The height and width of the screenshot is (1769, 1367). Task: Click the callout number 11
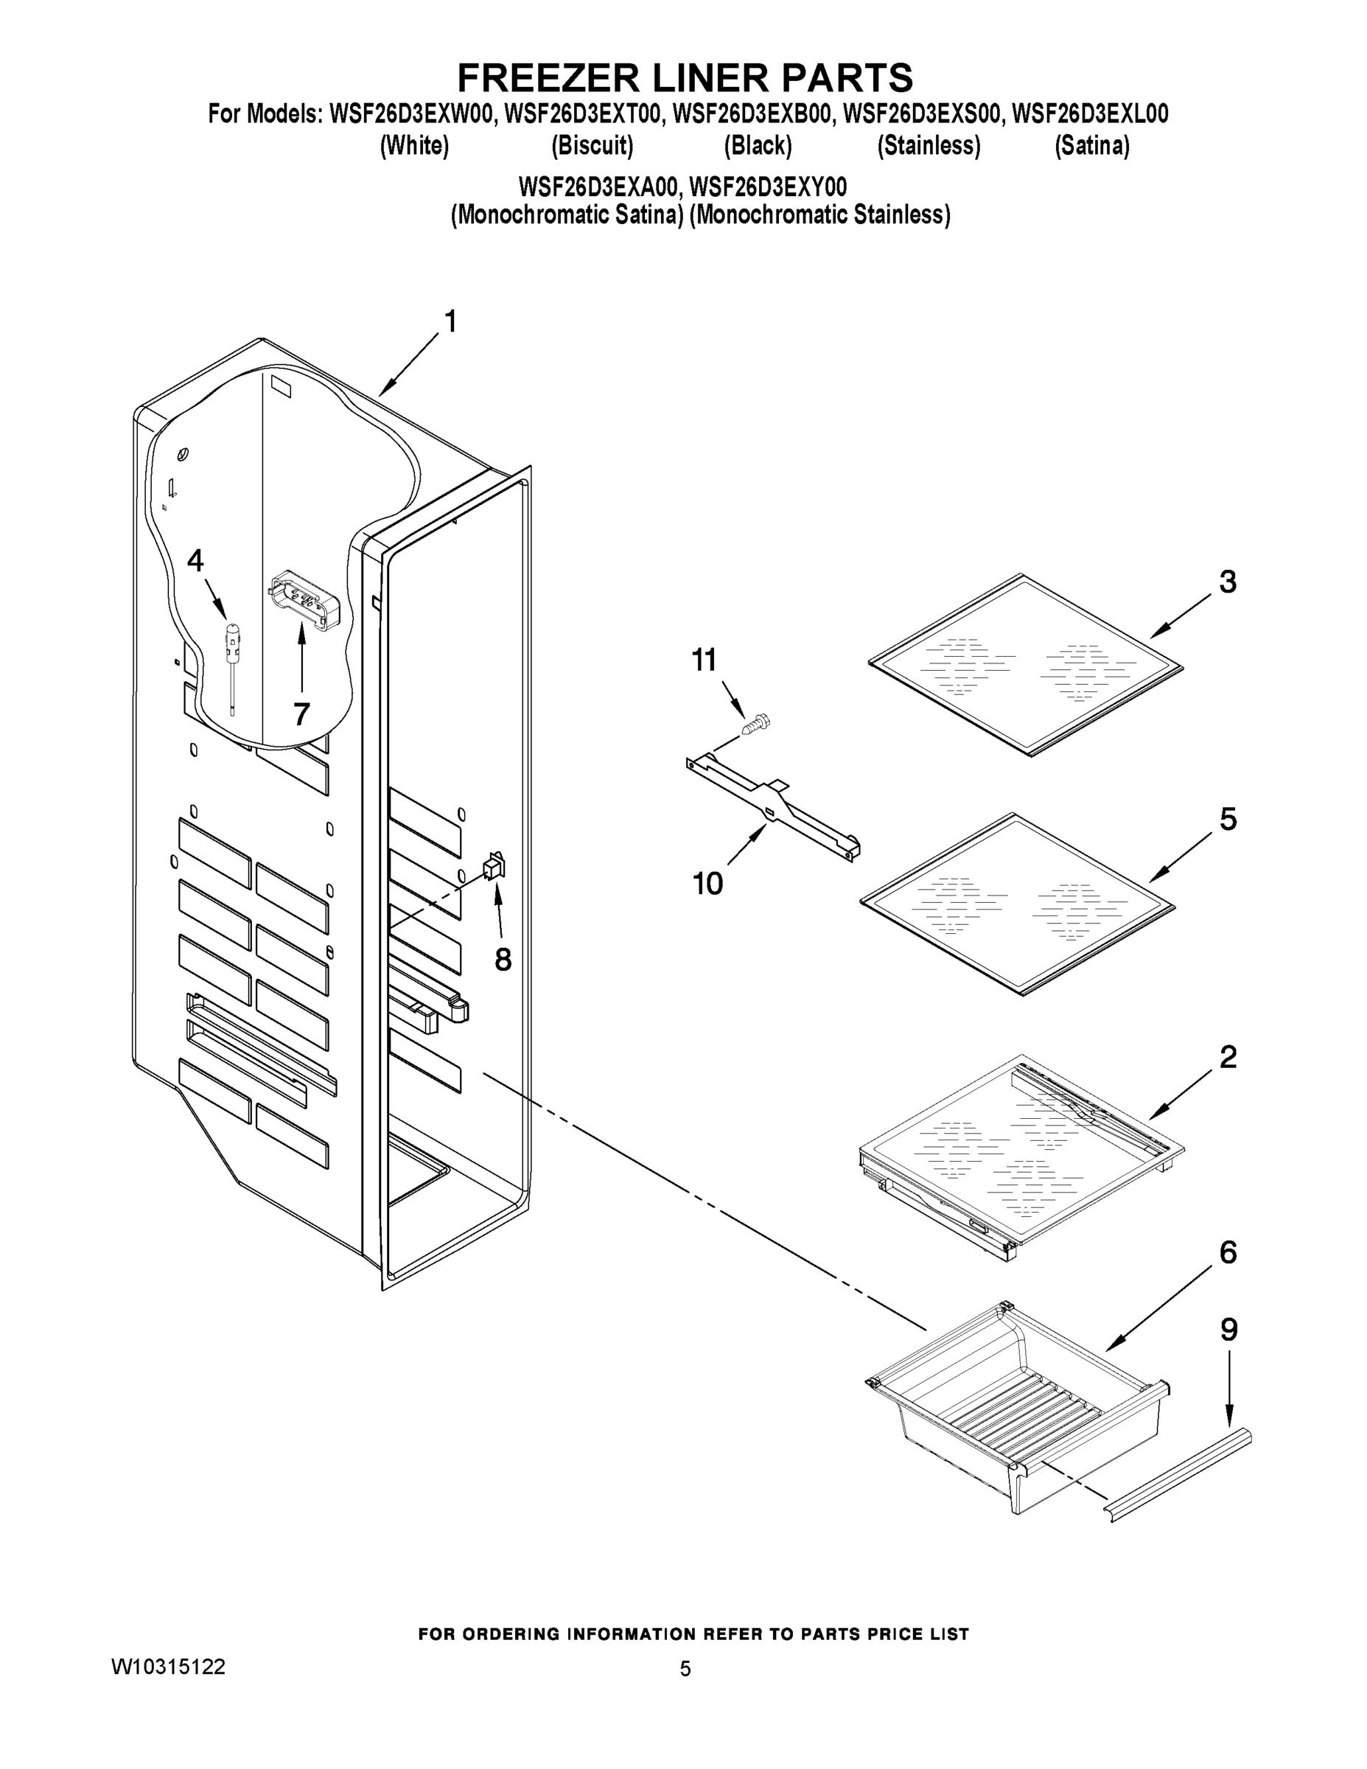[703, 660]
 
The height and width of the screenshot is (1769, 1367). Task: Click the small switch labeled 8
[493, 868]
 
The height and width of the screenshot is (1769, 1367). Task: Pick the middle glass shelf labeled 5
[1016, 903]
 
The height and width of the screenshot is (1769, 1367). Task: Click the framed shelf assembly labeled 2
[1021, 1150]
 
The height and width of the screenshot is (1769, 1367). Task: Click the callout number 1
[450, 321]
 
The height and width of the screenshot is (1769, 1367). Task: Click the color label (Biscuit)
[592, 146]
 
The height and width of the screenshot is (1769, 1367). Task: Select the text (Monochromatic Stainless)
[819, 214]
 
